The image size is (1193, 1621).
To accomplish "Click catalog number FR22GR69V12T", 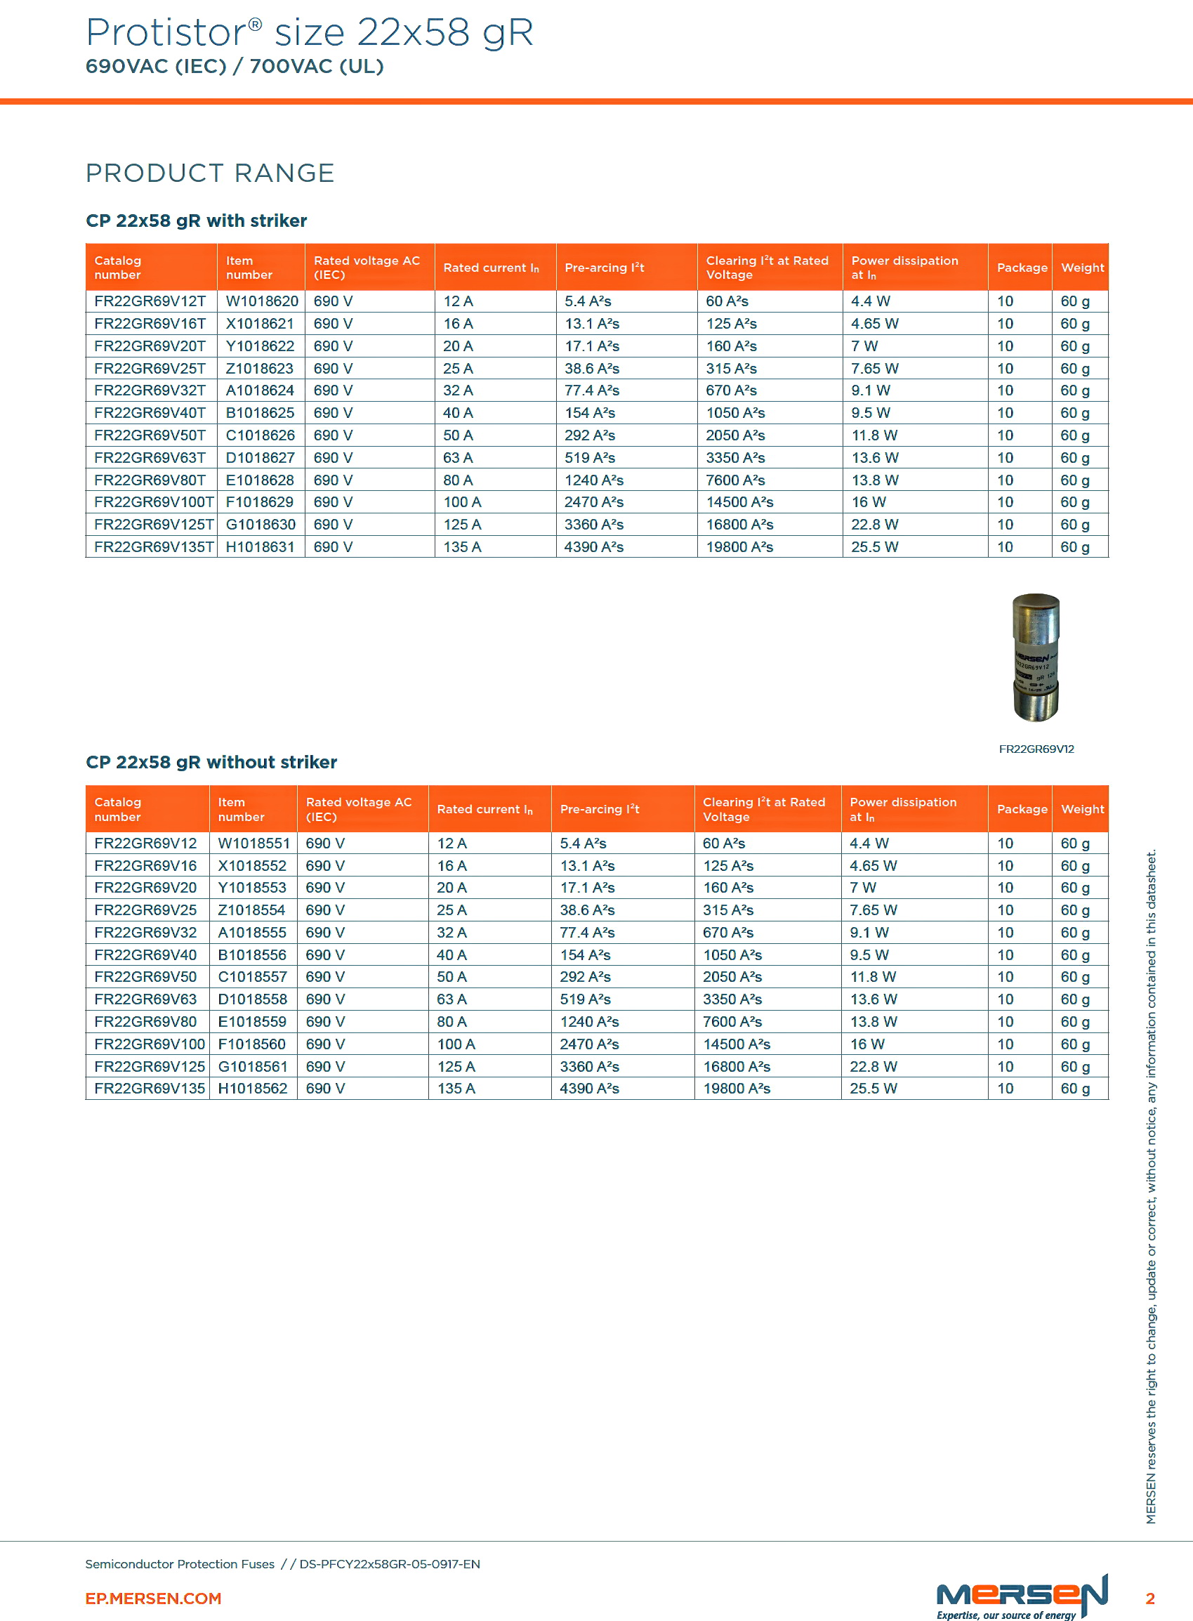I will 150,301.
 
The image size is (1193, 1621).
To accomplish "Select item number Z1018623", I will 259,369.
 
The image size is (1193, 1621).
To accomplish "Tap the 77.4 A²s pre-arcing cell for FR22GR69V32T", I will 591,391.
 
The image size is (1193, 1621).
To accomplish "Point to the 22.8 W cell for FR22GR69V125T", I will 874,525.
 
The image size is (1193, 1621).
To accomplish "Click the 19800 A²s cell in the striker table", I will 739,547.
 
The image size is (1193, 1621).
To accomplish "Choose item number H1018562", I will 252,1089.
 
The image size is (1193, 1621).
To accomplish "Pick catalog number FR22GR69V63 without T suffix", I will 145,999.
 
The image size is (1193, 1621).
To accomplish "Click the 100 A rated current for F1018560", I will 455,1044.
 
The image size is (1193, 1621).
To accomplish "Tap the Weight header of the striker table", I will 1082,268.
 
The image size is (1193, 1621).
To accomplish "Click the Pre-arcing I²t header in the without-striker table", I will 600,809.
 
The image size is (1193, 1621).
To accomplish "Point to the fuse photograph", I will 1036,657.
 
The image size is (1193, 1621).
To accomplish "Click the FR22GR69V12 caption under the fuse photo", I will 1036,749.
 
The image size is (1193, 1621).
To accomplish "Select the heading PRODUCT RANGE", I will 209,173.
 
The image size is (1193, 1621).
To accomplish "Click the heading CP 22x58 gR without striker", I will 211,762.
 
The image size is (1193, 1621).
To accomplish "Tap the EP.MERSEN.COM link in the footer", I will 153,1598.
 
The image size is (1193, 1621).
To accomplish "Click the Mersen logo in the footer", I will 1021,1595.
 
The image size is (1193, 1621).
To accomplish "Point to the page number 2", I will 1149,1598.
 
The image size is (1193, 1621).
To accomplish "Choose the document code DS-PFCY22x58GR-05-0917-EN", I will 389,1564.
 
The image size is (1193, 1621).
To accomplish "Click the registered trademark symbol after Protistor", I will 255,24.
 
